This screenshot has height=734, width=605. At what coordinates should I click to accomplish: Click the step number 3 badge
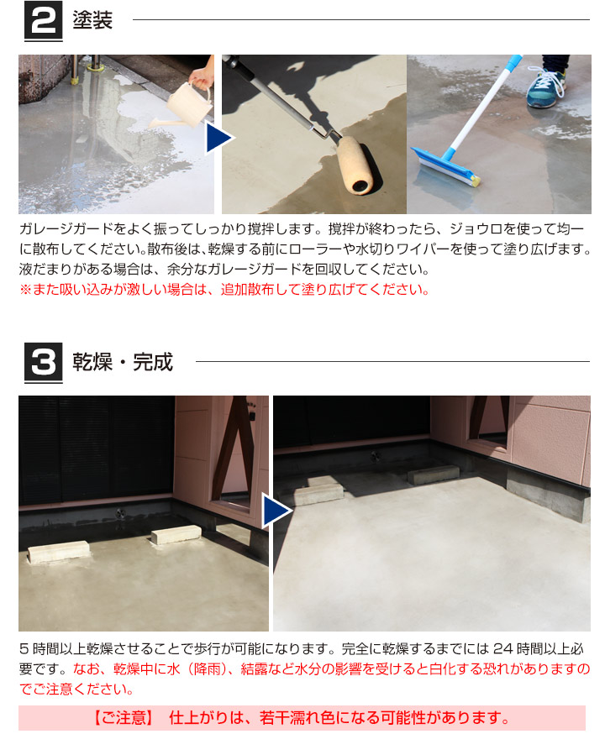coord(42,364)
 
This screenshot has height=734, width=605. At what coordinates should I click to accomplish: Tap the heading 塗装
coord(92,21)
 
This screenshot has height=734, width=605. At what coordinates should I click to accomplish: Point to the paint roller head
coord(354,163)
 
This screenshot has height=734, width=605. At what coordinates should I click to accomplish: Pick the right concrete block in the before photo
coord(176,534)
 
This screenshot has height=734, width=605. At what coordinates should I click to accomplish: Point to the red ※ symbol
coord(24,291)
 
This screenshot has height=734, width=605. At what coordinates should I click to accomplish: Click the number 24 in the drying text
coord(503,649)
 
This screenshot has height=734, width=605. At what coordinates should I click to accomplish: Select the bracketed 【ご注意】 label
coord(124,718)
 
